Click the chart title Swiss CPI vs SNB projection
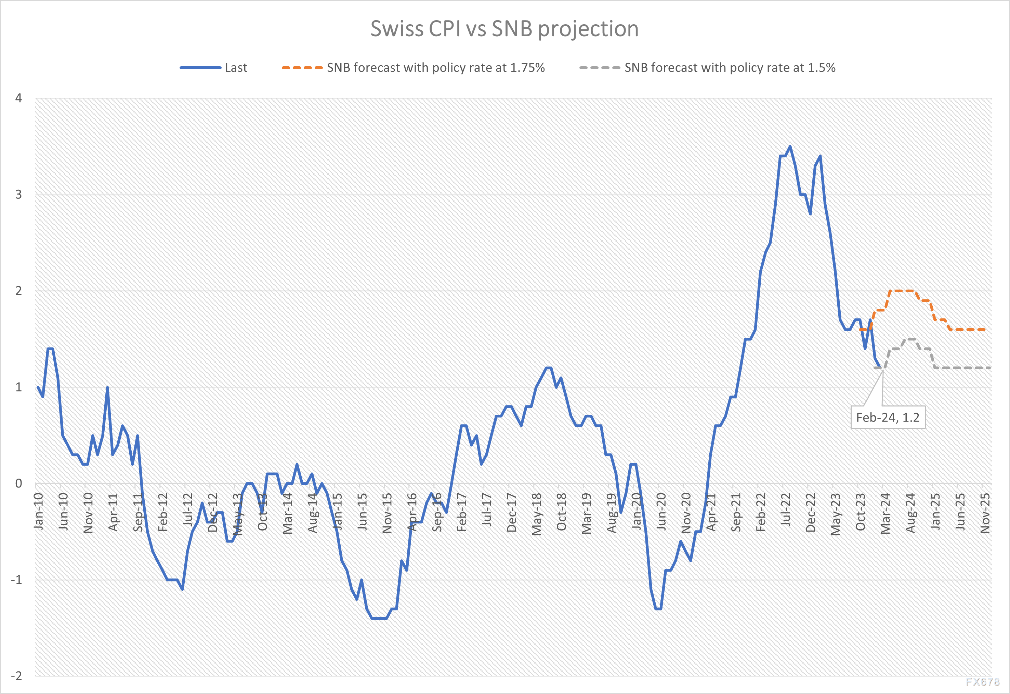tap(504, 29)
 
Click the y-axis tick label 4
tap(19, 98)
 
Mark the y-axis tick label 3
tap(19, 195)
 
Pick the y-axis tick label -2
tap(16, 676)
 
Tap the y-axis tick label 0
tap(19, 483)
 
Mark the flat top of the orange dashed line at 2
tap(901, 291)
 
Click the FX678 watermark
tap(983, 682)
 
